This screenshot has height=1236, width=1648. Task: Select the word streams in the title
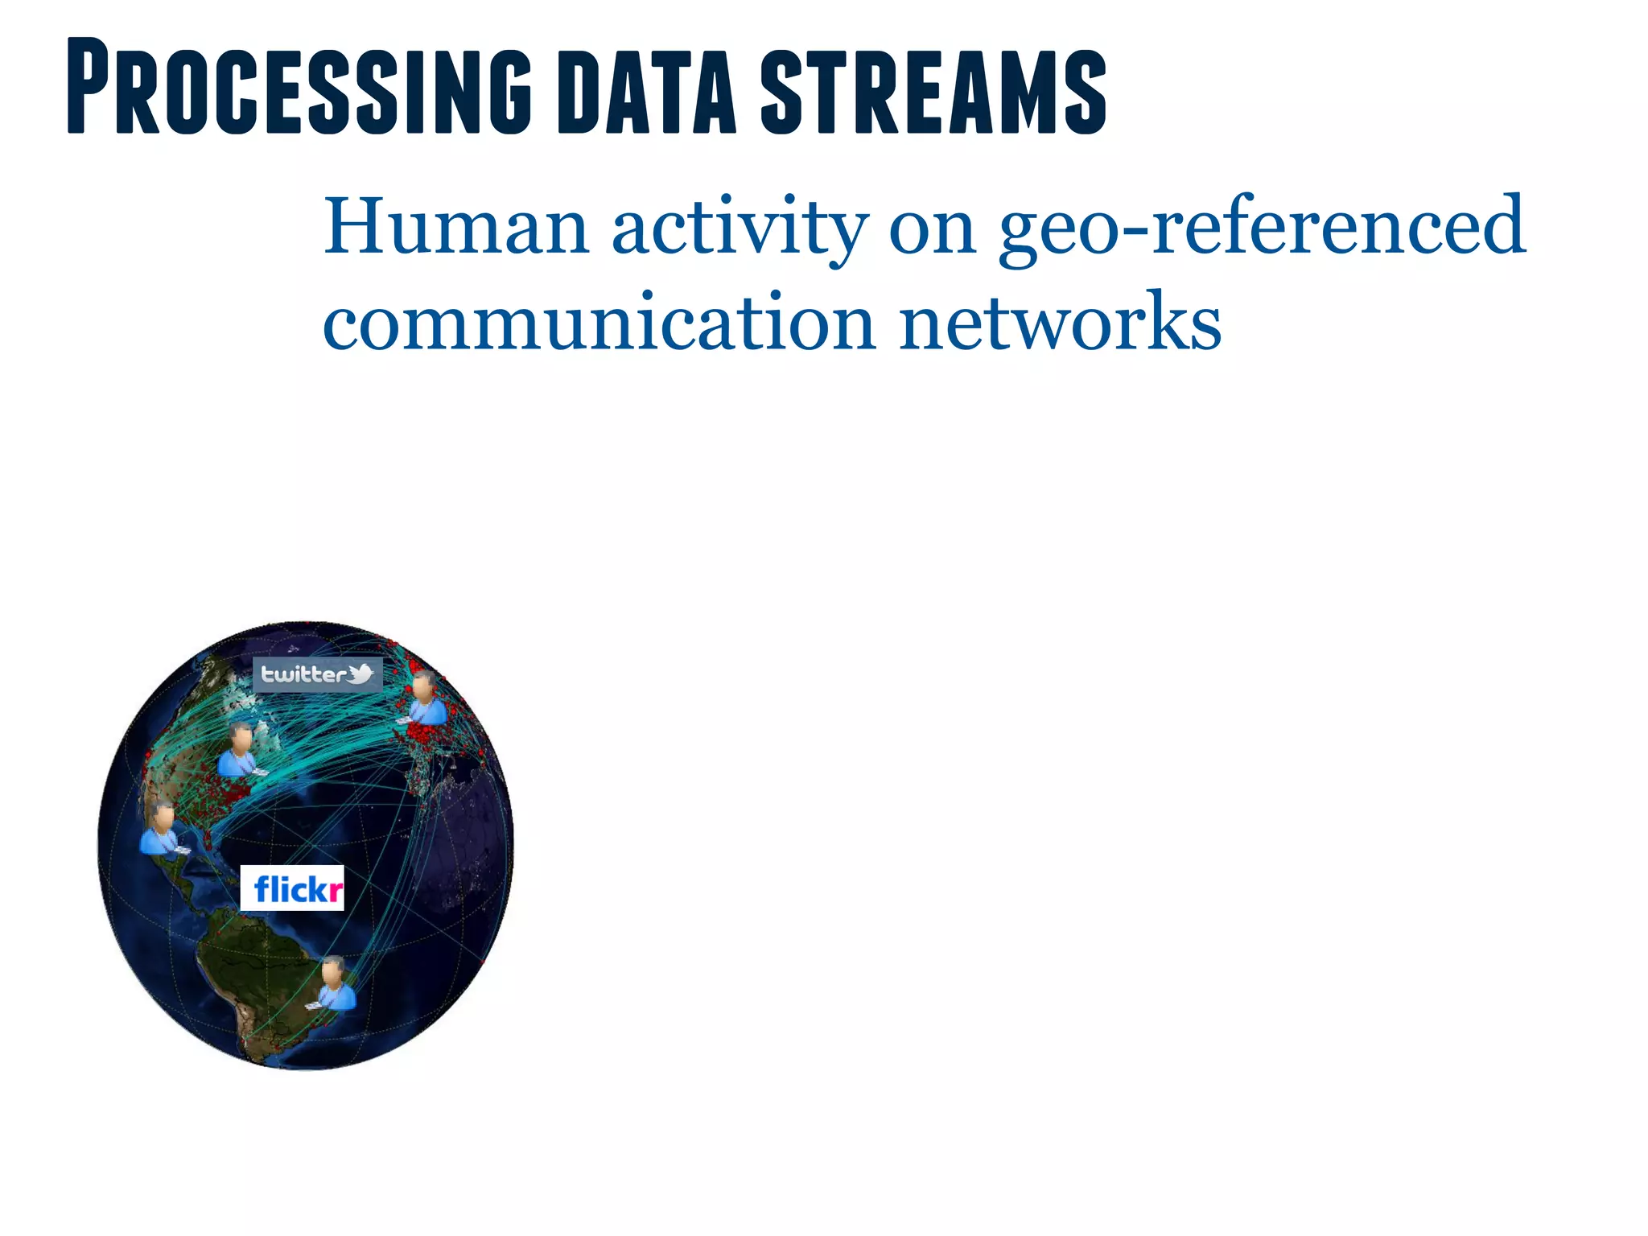point(933,90)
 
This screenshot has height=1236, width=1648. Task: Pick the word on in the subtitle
point(933,229)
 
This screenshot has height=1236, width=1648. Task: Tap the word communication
point(599,322)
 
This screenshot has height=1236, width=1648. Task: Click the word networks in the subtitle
point(1060,322)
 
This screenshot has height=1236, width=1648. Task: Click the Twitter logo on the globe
point(318,674)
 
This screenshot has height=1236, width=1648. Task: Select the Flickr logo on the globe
point(293,888)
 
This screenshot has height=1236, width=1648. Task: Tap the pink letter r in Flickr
point(336,891)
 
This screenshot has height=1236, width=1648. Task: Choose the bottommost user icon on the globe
point(334,983)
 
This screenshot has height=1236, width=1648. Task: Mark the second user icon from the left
point(239,751)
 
